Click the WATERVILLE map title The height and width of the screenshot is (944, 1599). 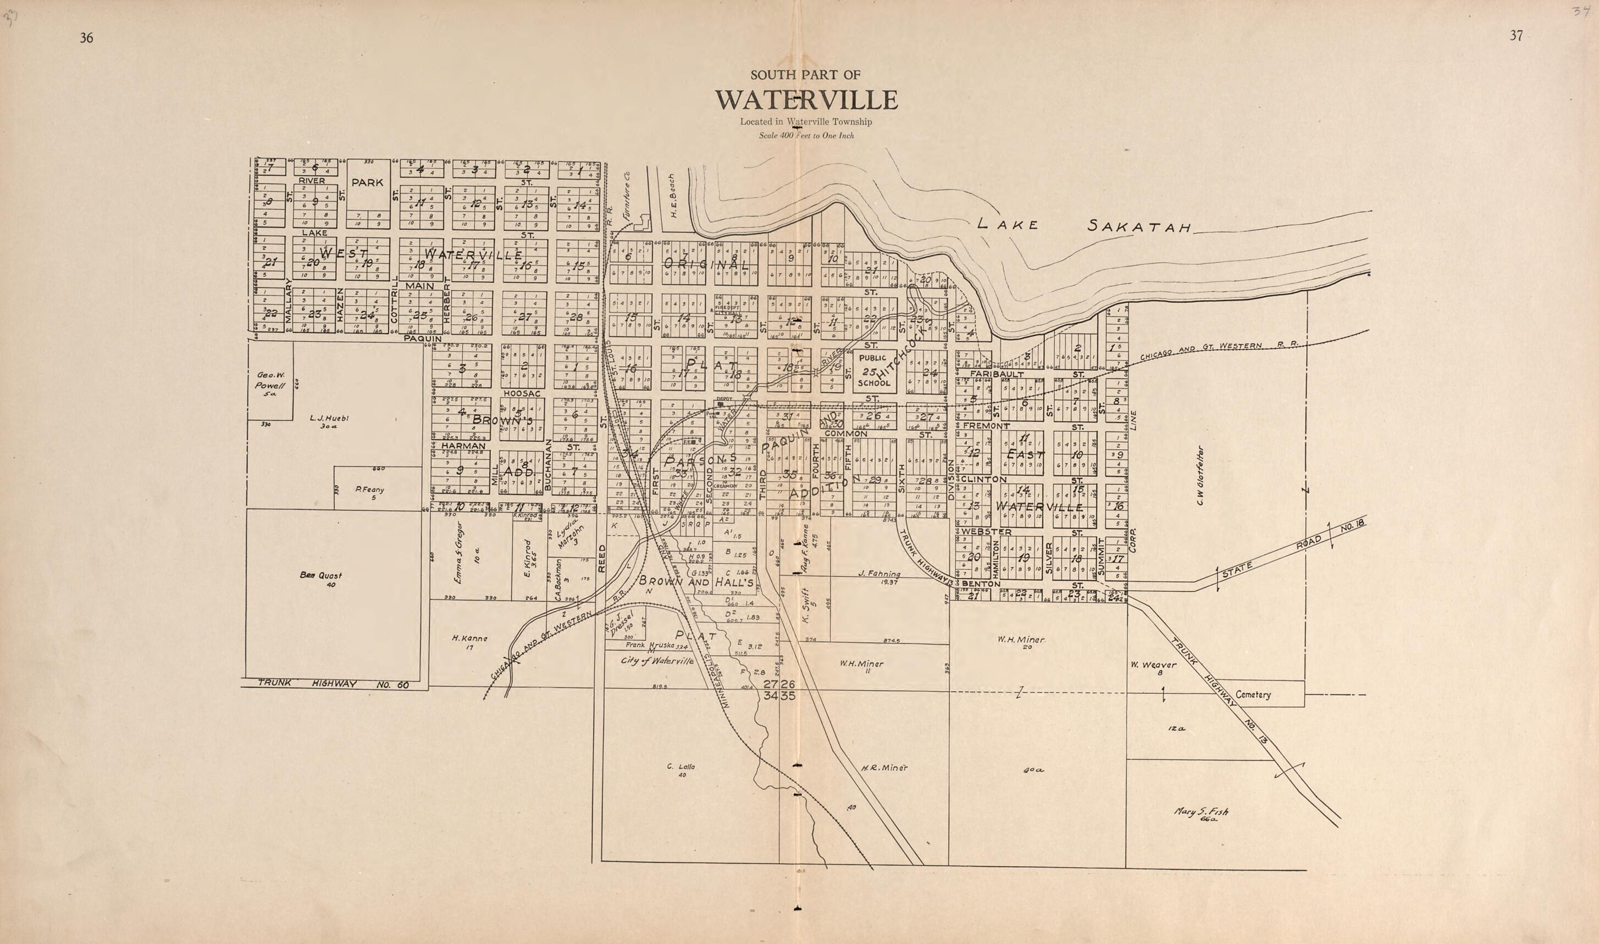coord(806,101)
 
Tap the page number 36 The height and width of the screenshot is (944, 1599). coord(86,38)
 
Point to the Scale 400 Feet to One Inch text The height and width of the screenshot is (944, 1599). coord(806,136)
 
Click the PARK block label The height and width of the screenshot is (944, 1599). coord(367,182)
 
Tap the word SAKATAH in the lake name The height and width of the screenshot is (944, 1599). coord(1138,226)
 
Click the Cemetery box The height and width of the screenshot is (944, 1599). coord(1253,695)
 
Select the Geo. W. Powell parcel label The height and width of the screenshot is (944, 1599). coord(270,384)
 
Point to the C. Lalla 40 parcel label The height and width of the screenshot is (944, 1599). coord(681,770)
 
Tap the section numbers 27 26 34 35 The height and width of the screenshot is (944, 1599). coord(779,690)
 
